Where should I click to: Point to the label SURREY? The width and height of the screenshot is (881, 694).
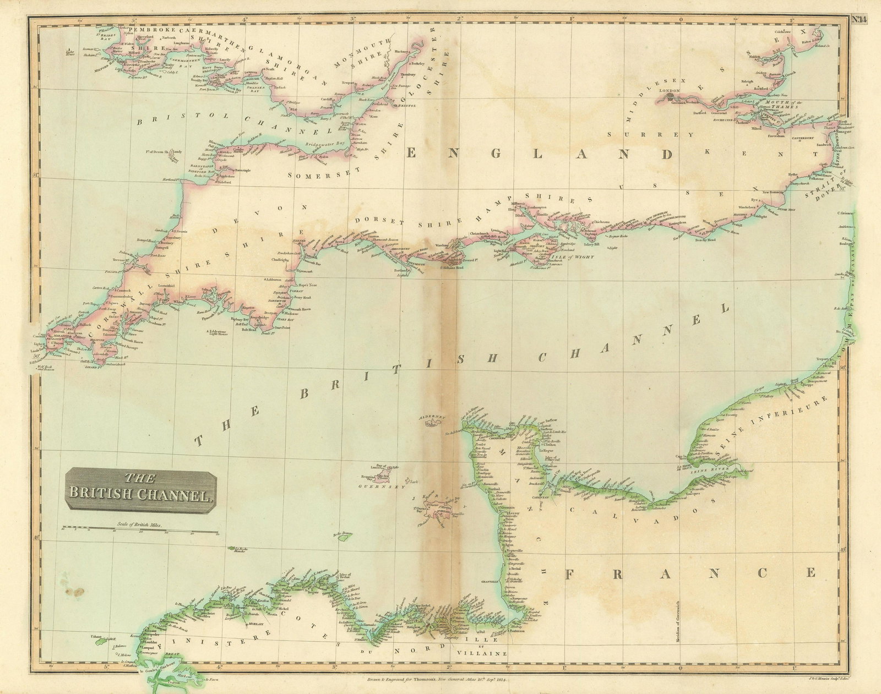(650, 134)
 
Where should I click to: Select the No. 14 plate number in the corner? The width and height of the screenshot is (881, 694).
(860, 6)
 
